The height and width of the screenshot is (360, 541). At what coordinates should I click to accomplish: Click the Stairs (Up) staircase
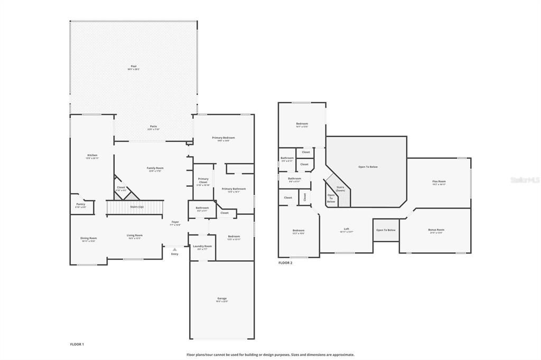click(136, 207)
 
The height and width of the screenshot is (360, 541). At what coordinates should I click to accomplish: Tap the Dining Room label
click(89, 239)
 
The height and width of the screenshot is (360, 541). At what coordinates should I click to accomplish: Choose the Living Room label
click(135, 236)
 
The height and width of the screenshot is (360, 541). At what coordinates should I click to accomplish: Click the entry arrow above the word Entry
click(174, 249)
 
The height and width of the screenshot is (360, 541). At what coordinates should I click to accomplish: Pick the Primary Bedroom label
click(223, 138)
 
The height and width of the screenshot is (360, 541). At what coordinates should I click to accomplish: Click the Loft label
click(347, 230)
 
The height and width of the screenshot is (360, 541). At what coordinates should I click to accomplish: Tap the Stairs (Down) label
click(341, 188)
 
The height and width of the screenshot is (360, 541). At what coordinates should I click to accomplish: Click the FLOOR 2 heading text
click(285, 262)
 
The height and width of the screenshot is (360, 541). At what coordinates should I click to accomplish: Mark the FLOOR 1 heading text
click(77, 344)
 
